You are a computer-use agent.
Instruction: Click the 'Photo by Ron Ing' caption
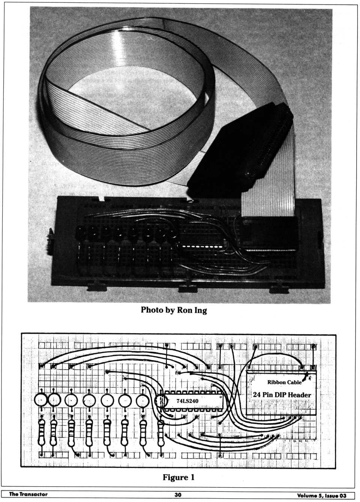(174, 310)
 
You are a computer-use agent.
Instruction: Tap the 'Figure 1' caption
(178, 477)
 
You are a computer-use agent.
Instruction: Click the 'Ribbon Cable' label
(284, 382)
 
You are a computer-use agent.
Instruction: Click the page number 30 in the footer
(178, 495)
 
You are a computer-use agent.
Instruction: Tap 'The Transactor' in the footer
(28, 494)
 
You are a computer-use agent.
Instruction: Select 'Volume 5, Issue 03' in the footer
(321, 495)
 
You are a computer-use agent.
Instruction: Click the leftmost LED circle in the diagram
(40, 400)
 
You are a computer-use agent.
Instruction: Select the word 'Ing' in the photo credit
(199, 310)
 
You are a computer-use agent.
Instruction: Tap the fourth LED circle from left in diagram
(89, 401)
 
